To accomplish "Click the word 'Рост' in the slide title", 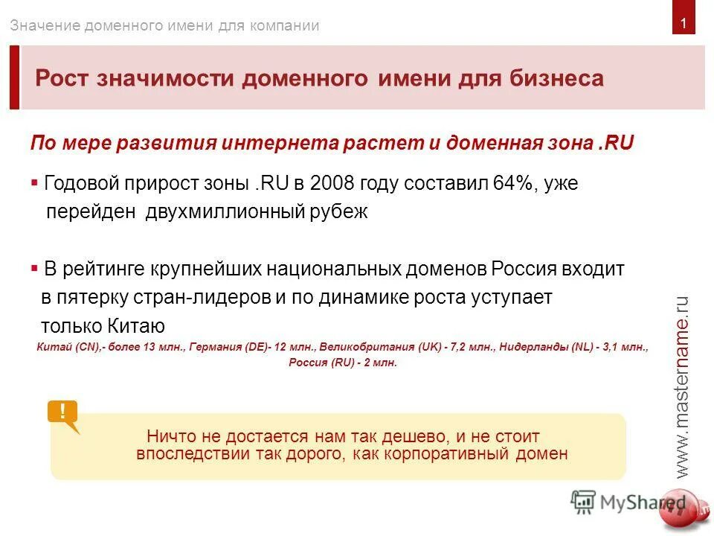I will point(62,78).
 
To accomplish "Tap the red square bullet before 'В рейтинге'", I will point(34,267).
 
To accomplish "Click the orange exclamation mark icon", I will point(63,412).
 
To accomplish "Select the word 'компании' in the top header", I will point(286,25).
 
